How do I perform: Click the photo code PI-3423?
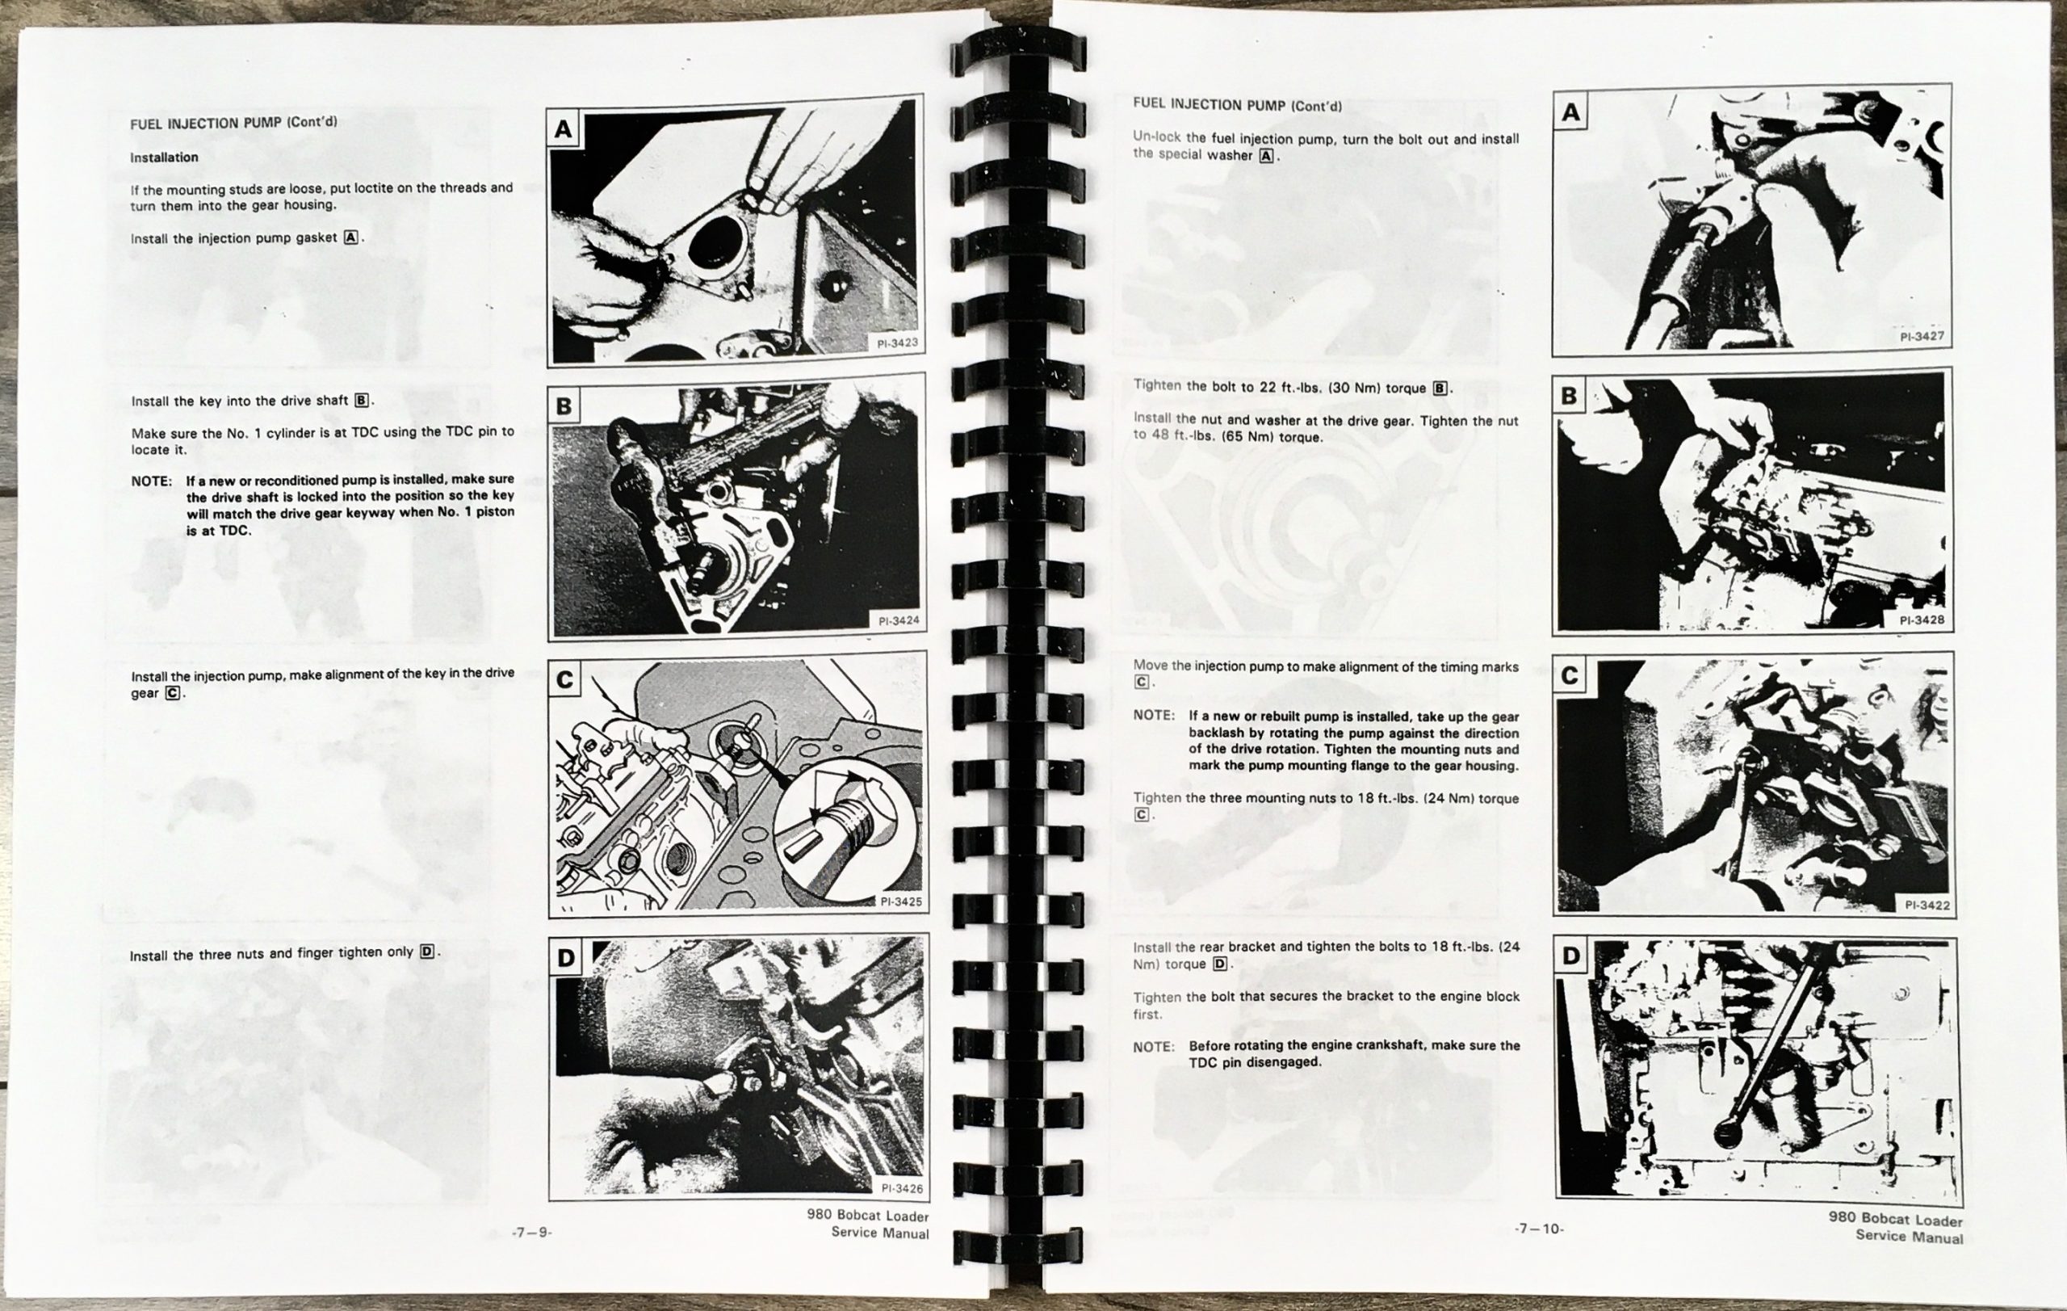coord(897,343)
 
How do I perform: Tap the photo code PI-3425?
coord(900,901)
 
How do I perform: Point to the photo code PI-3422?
coord(1927,905)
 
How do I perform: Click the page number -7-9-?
coord(531,1233)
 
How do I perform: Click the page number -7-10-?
coord(1539,1229)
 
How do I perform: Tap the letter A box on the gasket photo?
coord(563,128)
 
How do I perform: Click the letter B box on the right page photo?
coord(1569,396)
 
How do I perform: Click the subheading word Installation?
coord(164,158)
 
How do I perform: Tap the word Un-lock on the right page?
coord(1156,137)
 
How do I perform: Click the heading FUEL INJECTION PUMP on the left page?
coord(207,123)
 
